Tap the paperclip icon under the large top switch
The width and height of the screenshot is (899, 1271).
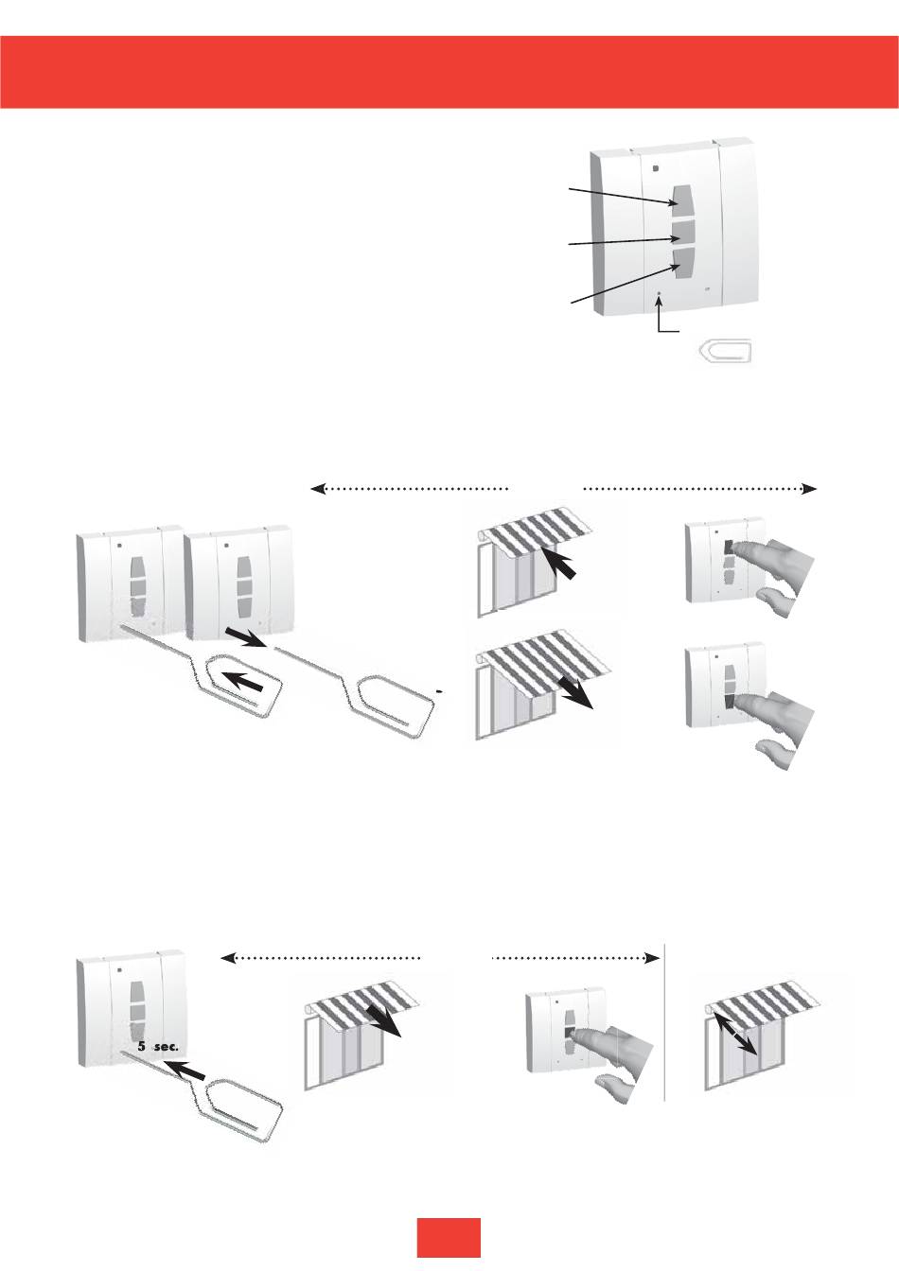coord(722,352)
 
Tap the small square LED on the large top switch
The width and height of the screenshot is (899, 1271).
coord(656,168)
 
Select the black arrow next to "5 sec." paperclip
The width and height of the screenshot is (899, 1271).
coord(187,1071)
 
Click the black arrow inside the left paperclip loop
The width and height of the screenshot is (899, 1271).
coord(241,680)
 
